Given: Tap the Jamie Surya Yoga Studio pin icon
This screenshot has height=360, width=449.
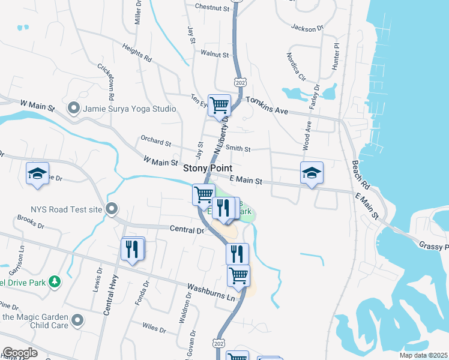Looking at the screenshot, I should coord(74,109).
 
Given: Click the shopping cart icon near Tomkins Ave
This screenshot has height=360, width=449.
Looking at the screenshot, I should coord(219,105).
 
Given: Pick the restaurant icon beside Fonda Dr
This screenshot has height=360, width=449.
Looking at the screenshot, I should coord(132,248).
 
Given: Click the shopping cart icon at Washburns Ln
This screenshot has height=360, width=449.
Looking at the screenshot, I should coord(238,276).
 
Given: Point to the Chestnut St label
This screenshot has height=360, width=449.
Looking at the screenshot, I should coord(212,8).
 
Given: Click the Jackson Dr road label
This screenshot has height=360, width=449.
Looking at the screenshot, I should coord(307,28).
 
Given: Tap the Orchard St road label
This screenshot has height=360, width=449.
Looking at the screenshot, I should coord(156,141).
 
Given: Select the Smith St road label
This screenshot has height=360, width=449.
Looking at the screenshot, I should coord(238,148).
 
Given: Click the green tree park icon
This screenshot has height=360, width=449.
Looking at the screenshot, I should coord(55,281).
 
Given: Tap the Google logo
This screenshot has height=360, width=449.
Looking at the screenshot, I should coord(20,353).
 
